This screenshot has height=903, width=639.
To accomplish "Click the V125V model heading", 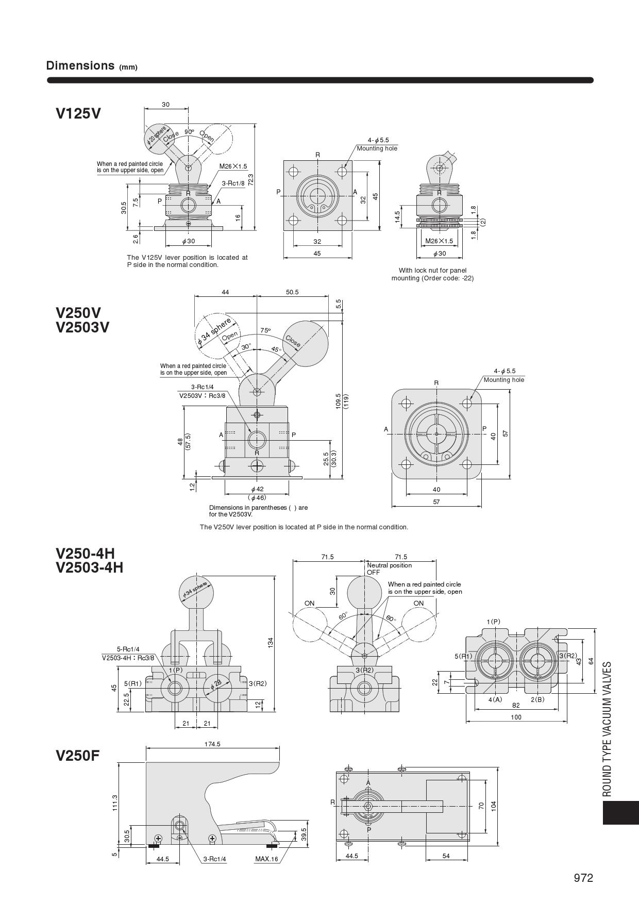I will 78,113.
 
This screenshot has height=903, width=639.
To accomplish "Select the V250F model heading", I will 78,756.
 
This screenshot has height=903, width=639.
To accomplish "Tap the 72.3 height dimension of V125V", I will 250,179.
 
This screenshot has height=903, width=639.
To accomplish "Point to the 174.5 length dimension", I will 212,744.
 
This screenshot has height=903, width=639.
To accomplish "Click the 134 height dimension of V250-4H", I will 271,642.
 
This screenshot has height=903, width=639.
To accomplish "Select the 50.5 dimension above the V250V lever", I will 292,292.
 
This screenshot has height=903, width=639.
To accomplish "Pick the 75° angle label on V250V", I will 265,330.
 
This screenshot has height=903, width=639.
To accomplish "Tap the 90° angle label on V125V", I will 189,131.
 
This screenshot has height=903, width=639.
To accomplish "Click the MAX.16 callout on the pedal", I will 266,859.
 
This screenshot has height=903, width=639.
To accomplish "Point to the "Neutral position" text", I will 389,565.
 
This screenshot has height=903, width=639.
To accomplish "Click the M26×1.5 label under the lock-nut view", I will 439,241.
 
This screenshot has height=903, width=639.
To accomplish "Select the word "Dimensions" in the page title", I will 80,65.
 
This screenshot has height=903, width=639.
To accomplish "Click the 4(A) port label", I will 495,699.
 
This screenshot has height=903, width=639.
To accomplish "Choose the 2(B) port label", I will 537,699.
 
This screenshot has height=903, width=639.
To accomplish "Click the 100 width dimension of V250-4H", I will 516,717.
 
